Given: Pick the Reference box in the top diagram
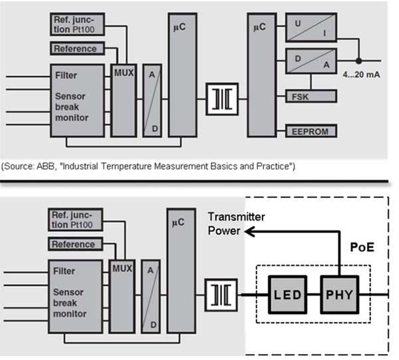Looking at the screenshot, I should coord(75,48).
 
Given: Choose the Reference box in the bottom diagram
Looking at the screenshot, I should coord(75,244).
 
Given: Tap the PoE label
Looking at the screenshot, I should coord(361,246).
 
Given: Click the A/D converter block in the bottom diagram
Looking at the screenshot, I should coord(152,294).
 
